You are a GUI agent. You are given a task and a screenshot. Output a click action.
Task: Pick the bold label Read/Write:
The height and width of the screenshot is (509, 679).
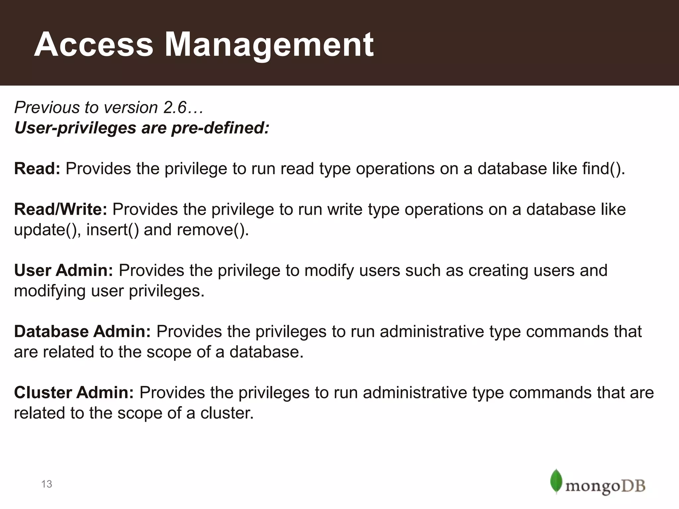[60, 209]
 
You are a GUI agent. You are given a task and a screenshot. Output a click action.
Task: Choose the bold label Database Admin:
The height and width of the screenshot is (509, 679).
[82, 331]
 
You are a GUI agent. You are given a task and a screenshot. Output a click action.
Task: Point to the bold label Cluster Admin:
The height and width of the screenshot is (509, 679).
[74, 392]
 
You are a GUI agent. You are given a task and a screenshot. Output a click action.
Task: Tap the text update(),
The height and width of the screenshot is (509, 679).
[47, 230]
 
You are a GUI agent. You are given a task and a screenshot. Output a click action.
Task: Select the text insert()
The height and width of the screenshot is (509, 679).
[113, 230]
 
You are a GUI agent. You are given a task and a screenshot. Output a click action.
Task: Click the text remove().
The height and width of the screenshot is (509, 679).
[213, 230]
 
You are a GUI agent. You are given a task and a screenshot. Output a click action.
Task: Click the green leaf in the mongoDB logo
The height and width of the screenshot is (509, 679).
[556, 481]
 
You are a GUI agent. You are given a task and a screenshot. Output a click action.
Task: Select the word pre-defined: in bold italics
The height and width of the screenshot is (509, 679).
[220, 128]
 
